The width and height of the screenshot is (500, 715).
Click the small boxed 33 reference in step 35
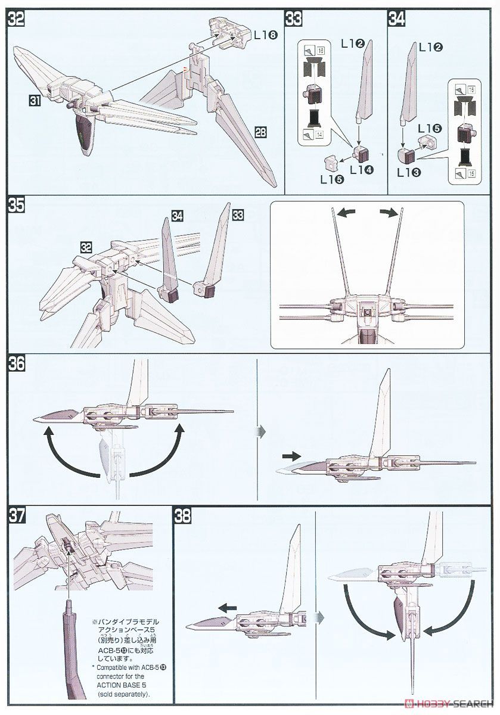click(x=239, y=213)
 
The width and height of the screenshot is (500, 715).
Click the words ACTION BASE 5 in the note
click(x=120, y=685)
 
